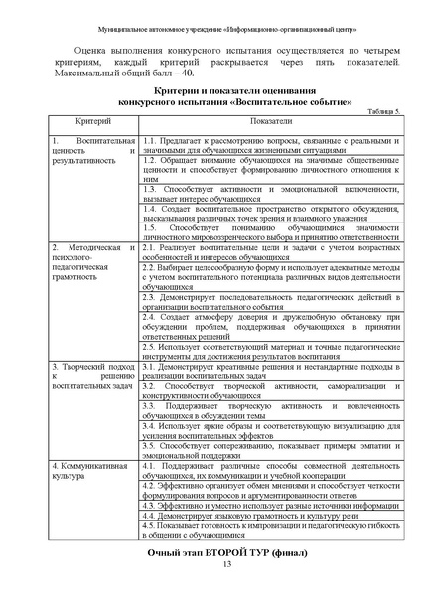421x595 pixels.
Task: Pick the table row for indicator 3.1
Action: tap(271, 370)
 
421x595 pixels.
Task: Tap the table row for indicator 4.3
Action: tap(271, 505)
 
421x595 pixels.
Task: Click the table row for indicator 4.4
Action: tap(271, 516)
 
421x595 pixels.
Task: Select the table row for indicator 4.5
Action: tap(271, 530)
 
